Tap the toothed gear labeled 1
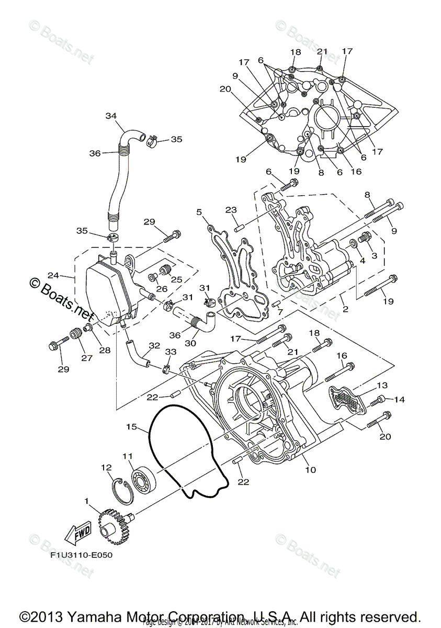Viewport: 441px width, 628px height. coord(112,524)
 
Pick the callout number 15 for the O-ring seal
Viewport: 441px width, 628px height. coord(131,428)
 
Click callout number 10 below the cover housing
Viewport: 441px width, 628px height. coord(310,469)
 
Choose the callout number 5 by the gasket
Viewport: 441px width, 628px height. coord(199,212)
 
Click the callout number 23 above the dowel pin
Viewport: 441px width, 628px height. coord(232,209)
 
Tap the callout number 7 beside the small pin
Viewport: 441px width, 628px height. coord(280,312)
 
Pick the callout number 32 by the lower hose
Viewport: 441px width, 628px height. coord(154,346)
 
